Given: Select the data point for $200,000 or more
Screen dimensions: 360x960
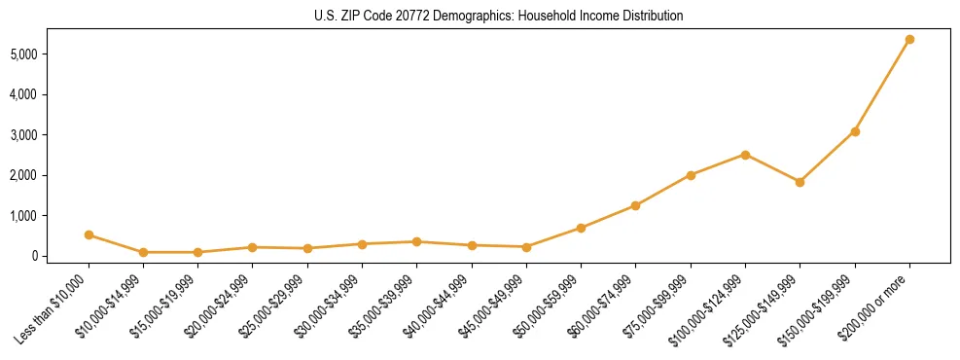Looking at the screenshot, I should click(x=909, y=40).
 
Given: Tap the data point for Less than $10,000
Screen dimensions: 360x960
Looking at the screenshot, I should click(x=89, y=234).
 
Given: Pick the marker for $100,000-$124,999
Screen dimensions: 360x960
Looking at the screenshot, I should click(x=745, y=155).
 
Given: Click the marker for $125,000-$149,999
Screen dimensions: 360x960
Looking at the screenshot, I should click(x=800, y=182).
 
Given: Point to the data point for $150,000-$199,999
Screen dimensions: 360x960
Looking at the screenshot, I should click(x=855, y=131).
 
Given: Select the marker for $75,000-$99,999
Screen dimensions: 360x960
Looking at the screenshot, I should click(x=691, y=175).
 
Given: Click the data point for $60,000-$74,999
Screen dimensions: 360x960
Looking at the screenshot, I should click(x=635, y=205).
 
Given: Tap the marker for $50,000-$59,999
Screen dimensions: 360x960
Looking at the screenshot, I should click(x=581, y=228).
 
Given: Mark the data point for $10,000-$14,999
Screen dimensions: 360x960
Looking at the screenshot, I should click(x=143, y=252).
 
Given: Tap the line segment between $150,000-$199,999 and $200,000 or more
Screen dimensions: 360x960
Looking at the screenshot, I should click(x=882, y=86).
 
